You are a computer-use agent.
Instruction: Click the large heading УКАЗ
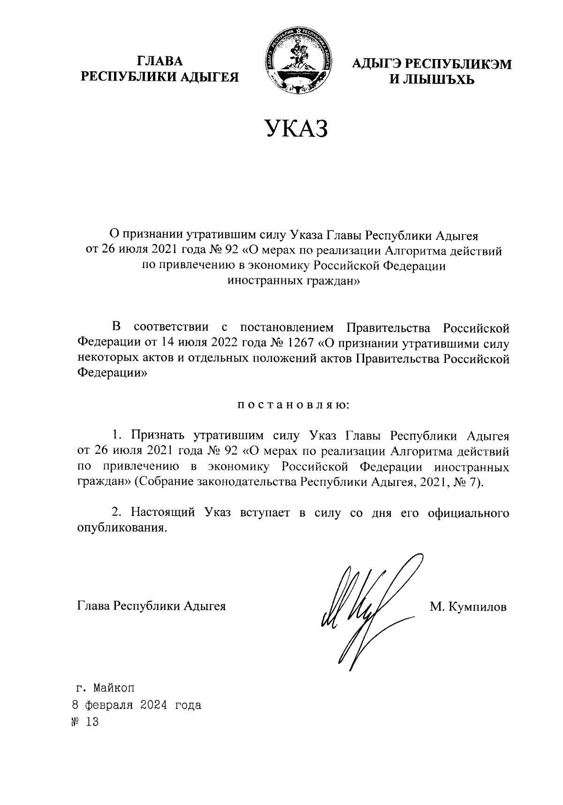pyautogui.click(x=296, y=129)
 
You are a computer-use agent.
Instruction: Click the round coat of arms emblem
pyautogui.click(x=297, y=61)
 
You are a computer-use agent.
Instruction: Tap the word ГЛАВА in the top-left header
pyautogui.click(x=160, y=61)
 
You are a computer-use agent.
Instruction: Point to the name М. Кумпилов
pyautogui.click(x=468, y=607)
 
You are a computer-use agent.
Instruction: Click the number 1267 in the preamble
pyautogui.click(x=299, y=343)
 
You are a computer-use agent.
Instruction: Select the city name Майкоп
pyautogui.click(x=114, y=689)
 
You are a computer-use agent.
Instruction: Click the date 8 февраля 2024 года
pyautogui.click(x=136, y=705)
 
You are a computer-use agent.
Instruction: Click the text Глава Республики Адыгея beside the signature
pyautogui.click(x=151, y=606)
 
